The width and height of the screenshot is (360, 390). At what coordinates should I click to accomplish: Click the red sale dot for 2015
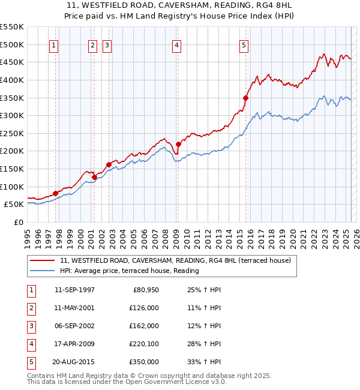point(245,98)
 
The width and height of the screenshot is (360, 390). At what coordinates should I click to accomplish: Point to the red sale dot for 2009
point(178,144)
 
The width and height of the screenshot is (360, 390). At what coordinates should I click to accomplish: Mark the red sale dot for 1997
point(55,193)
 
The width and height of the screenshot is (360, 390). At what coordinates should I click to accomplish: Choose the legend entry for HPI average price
point(129,271)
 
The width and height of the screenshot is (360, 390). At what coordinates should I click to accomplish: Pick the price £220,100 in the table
point(144,344)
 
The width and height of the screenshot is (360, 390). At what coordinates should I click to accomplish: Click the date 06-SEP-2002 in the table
point(74,326)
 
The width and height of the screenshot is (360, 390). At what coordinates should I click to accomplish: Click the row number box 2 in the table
point(30,308)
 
